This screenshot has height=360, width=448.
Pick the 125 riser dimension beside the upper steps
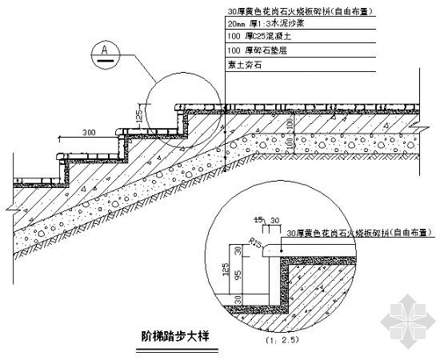tap(140, 118)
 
